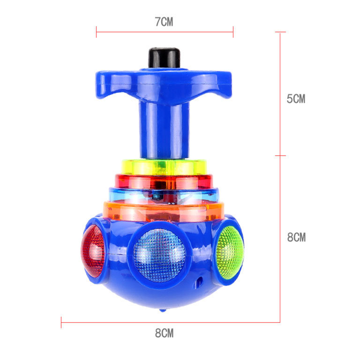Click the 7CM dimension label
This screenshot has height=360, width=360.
164,22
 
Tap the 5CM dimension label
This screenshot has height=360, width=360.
296,99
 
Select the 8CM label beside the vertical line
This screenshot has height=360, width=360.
297,237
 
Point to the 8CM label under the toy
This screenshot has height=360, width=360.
164,333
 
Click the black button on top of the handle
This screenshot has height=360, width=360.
164,58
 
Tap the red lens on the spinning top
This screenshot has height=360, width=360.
93,251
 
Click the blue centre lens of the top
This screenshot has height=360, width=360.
160,255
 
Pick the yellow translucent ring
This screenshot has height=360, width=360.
164,167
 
